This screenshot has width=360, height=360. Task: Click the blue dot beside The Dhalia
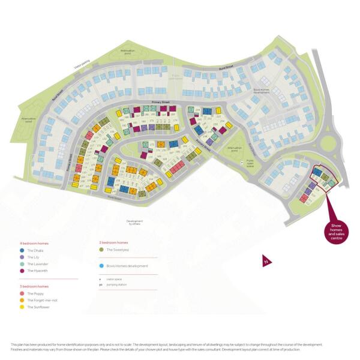[x=22, y=249]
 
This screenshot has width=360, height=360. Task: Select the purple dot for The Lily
[x=22, y=257]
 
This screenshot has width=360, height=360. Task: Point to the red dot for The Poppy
[x=22, y=293]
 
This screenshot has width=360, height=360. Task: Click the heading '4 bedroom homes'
[x=34, y=243]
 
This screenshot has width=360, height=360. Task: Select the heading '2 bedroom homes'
[x=113, y=243]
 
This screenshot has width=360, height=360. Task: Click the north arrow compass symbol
[x=265, y=261]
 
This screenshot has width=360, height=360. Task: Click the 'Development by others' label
[x=135, y=222]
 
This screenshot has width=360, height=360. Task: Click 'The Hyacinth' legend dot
[x=22, y=271]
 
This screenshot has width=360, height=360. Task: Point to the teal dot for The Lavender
[x=22, y=264]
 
